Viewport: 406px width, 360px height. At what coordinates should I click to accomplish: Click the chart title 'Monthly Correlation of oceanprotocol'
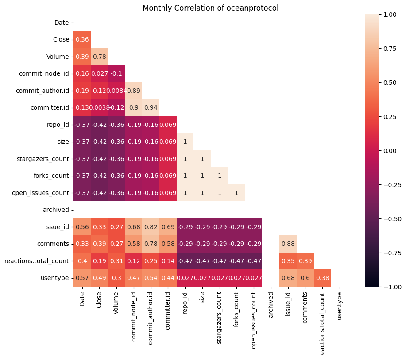210,8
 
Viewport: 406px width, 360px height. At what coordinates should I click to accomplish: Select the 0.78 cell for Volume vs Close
99,57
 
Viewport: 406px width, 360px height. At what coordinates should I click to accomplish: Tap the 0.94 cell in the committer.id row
151,108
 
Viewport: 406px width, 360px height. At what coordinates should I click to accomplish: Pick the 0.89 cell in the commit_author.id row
133,91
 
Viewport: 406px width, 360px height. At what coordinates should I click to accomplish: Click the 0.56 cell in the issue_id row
82,227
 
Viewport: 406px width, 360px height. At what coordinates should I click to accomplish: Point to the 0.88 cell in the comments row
288,244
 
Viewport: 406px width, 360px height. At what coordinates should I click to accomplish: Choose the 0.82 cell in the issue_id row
151,227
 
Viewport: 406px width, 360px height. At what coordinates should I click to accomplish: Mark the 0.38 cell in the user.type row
322,278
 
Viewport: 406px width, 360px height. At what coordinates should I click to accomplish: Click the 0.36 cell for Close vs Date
82,39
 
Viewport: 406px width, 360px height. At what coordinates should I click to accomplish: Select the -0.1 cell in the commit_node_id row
116,73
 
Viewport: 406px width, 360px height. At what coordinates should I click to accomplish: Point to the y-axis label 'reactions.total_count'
36,261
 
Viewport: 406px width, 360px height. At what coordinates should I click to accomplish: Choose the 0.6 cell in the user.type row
305,278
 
